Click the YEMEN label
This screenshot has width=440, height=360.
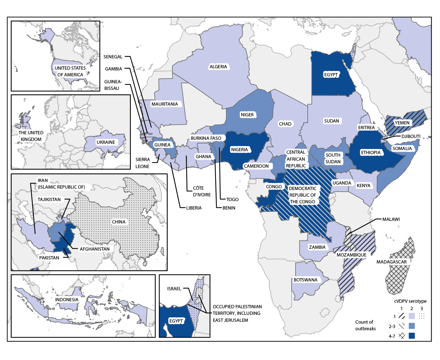point(402,122)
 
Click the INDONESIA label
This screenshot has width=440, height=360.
point(67,299)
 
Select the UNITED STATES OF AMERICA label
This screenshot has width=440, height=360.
point(70,71)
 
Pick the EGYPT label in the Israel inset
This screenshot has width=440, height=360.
point(176,321)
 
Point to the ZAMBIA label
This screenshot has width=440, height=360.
point(317,247)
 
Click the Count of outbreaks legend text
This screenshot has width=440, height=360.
point(365,325)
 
